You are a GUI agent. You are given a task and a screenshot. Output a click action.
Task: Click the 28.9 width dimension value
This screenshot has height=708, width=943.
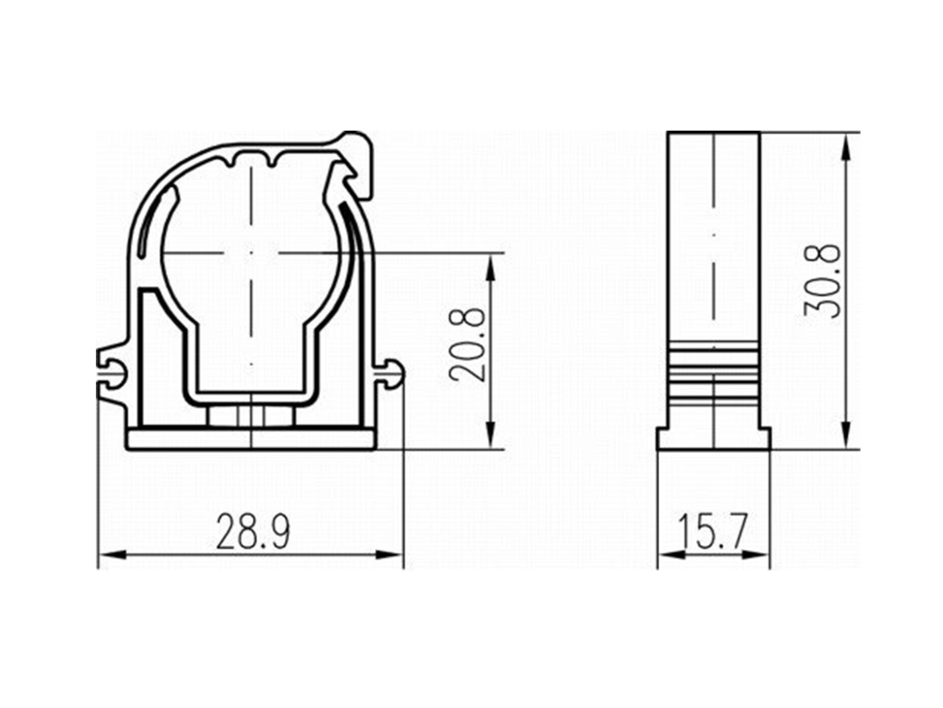[253, 531]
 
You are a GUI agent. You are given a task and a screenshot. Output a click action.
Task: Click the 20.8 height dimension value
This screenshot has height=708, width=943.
[467, 344]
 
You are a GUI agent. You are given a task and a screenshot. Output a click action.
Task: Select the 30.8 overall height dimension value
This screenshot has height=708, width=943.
[821, 281]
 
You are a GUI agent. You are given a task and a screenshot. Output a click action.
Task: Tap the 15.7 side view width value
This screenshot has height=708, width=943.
[714, 531]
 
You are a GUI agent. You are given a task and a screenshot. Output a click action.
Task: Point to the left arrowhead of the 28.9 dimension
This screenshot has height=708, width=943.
[112, 554]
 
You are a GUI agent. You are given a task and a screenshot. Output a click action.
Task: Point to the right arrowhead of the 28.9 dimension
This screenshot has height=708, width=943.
[388, 554]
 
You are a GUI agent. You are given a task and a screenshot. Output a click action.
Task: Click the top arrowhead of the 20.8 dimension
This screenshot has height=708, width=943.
[491, 266]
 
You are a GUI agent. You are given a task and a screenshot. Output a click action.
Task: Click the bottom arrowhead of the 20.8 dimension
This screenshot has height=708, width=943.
[491, 435]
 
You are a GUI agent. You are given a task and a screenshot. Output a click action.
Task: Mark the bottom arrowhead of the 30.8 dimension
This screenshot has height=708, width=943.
[846, 435]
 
